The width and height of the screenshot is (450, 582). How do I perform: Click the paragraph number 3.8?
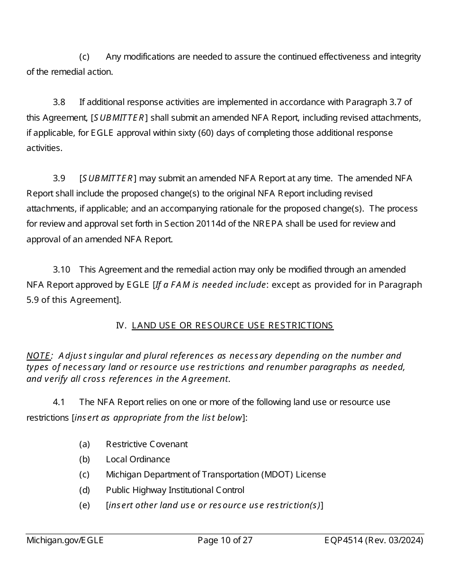click(59, 102)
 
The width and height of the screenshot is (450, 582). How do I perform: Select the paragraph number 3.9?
click(59, 178)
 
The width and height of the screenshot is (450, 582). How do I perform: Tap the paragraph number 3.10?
click(61, 270)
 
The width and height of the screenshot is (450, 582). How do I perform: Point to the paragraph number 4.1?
click(59, 402)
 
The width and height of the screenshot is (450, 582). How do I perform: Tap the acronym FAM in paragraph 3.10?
click(180, 285)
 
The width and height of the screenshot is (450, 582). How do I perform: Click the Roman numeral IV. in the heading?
click(121, 326)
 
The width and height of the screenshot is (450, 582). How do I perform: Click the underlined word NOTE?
click(38, 356)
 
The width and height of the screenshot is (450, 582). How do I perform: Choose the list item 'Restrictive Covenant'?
click(146, 444)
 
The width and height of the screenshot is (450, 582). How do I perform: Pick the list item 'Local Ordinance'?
click(138, 459)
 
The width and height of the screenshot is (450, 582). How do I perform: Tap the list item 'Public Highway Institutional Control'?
click(175, 490)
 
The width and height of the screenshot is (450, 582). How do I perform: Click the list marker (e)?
click(84, 505)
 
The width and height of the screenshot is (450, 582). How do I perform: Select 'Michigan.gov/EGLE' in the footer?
click(65, 540)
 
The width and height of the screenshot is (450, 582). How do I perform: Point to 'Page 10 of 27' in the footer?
click(225, 540)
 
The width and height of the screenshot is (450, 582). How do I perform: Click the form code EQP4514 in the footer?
click(343, 540)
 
